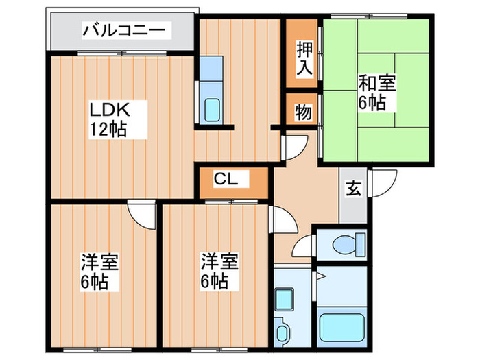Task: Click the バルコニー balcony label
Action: click(x=123, y=31)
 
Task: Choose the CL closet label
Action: click(x=226, y=180)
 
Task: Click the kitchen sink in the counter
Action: click(x=213, y=110)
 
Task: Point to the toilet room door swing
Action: click(x=304, y=246)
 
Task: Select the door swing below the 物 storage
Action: click(x=294, y=146)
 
